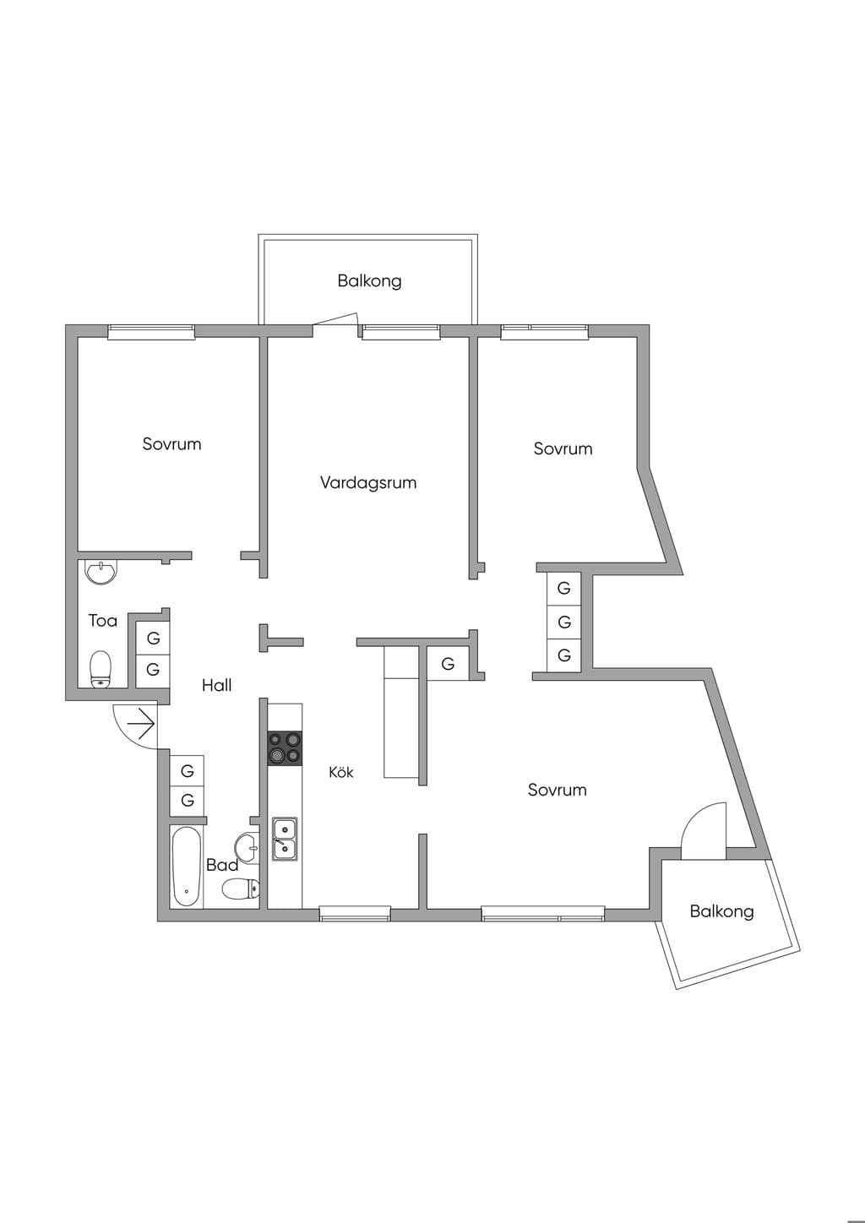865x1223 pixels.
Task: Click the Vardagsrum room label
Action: point(368,482)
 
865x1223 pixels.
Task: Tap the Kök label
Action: point(341,772)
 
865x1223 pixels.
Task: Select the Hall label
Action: point(217,685)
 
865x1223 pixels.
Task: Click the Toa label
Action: point(103,621)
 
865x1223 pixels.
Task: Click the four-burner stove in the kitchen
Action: point(285,748)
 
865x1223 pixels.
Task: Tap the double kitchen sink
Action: point(285,840)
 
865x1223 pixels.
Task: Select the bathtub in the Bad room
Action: point(187,867)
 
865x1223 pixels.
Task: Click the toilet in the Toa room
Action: point(101,669)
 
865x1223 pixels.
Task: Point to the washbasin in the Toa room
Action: point(101,573)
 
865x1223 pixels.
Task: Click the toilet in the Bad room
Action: point(240,889)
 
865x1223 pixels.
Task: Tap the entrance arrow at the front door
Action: point(141,724)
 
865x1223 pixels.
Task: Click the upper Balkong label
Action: point(369,281)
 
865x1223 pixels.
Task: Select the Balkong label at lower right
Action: point(721,911)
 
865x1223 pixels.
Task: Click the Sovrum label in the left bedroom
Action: point(171,444)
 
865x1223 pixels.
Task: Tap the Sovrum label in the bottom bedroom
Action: point(557,790)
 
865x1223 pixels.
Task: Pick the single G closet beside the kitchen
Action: point(448,663)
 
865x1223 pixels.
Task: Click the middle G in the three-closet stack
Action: point(564,622)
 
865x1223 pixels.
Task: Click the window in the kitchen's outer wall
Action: point(355,913)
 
